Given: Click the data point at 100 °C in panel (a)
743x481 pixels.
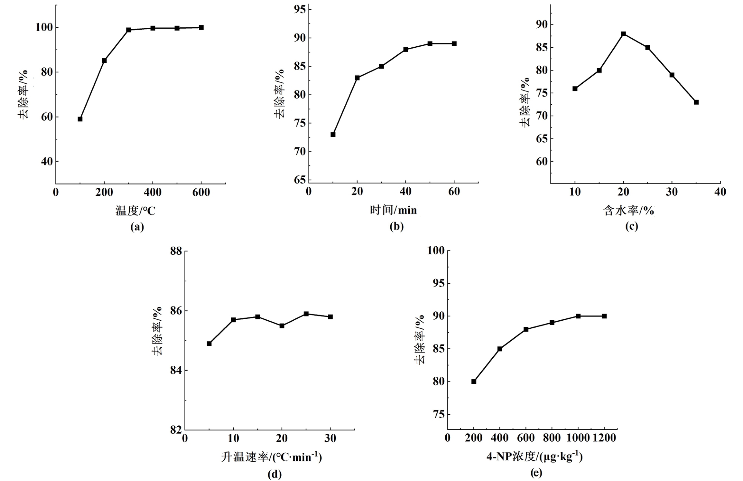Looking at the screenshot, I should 80,119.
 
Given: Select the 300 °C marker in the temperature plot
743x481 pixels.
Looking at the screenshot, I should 129,30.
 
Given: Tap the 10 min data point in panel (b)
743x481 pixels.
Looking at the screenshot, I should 333,135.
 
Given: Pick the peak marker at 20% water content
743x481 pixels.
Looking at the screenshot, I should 624,34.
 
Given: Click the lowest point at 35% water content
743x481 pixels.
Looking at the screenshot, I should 696,102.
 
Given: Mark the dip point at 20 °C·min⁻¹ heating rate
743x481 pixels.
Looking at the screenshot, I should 282,326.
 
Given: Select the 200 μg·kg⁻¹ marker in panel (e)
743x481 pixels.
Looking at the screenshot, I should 474,382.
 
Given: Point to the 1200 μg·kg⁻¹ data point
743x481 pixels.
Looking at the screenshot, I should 604,316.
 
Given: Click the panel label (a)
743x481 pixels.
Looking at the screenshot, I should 137,227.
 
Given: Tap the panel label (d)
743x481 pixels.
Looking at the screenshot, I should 275,474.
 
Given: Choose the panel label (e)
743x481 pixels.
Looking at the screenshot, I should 536,473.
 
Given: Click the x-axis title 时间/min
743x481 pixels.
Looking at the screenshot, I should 393,210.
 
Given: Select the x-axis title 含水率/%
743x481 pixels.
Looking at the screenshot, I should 628,210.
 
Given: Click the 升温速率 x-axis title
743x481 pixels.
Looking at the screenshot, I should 272,457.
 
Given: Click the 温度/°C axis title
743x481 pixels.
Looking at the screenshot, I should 136,210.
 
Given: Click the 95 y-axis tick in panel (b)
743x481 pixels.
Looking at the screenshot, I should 300,9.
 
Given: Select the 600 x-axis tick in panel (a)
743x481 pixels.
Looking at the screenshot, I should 201,192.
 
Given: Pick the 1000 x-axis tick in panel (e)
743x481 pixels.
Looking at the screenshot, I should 578,438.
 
